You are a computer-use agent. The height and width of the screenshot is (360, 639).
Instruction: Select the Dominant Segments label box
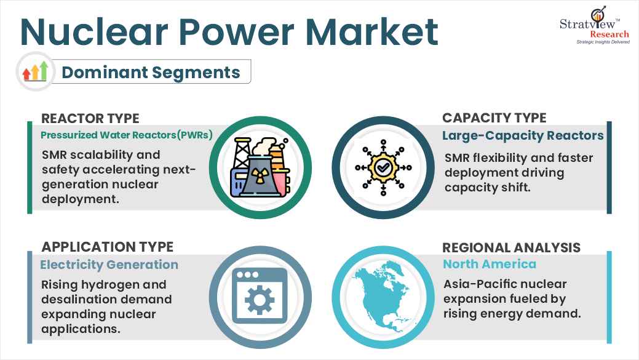[x=150, y=72]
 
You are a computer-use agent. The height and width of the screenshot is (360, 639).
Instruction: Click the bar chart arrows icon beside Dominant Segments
[x=35, y=71]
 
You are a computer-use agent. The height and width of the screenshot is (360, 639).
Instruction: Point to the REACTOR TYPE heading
[x=90, y=118]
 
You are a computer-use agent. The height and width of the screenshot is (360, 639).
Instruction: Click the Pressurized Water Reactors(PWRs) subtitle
[x=127, y=135]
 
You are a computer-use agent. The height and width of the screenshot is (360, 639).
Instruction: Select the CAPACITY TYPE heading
[x=494, y=118]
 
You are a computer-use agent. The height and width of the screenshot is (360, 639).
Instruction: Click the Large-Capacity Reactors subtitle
[x=523, y=135]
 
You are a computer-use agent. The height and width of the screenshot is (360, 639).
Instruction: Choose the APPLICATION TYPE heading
[x=107, y=247]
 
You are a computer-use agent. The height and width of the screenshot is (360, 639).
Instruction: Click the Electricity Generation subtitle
[x=109, y=265]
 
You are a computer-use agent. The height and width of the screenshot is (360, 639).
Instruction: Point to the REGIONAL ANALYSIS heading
[x=511, y=247]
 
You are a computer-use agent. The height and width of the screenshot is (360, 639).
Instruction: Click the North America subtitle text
[x=489, y=264]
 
